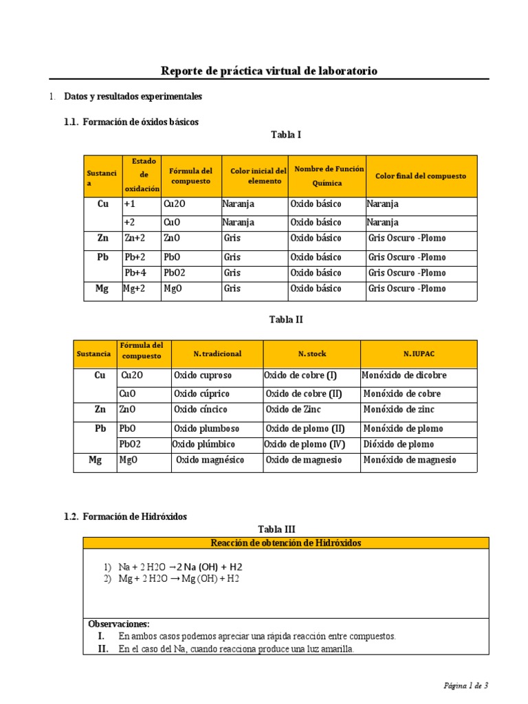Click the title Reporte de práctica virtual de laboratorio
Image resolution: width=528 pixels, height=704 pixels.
pyautogui.click(x=268, y=71)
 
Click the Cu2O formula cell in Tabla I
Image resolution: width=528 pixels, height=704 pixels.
pyautogui.click(x=175, y=204)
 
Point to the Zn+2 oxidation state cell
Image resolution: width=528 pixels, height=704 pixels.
pyautogui.click(x=135, y=239)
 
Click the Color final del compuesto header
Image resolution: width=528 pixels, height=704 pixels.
pyautogui.click(x=420, y=176)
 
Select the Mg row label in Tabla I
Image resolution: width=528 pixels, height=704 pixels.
pyautogui.click(x=102, y=289)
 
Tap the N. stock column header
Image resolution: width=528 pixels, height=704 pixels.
pyautogui.click(x=312, y=353)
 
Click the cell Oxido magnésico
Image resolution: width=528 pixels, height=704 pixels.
pyautogui.click(x=210, y=461)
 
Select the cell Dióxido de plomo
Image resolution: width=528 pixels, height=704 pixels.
pyautogui.click(x=398, y=444)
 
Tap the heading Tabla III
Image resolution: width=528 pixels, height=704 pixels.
pyautogui.click(x=276, y=529)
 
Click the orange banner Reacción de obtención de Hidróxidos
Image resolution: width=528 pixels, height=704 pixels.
pyautogui.click(x=286, y=543)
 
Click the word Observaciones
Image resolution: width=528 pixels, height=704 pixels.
pyautogui.click(x=119, y=624)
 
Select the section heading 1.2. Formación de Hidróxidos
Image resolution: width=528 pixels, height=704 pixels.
pyautogui.click(x=125, y=516)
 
